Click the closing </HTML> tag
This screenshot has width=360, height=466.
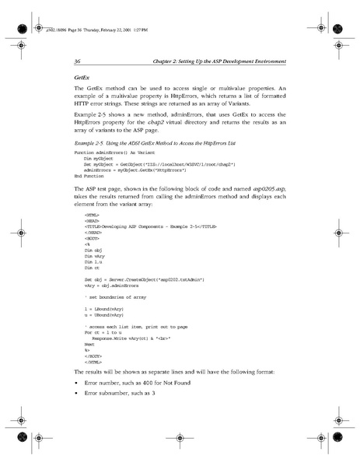[93, 363]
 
